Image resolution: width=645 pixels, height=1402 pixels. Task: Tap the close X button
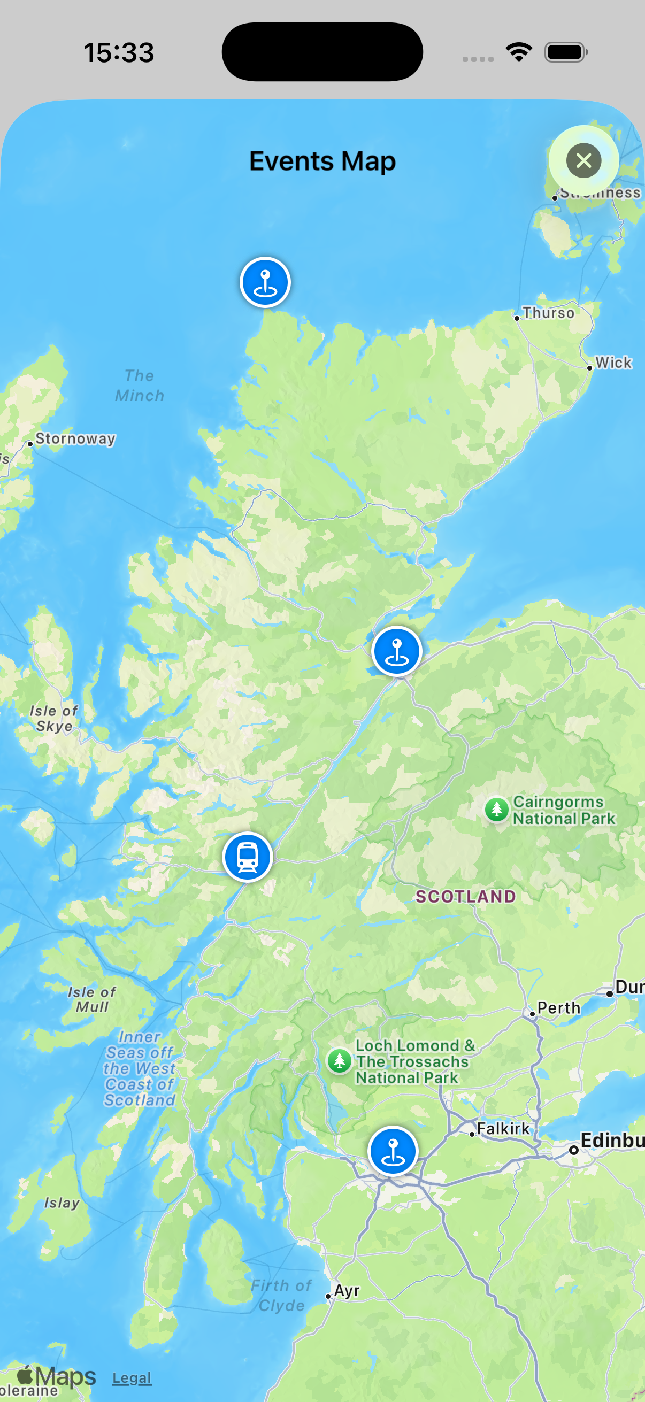(x=583, y=160)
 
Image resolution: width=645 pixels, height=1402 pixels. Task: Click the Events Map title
(x=322, y=161)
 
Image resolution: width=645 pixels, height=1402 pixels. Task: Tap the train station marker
(x=248, y=857)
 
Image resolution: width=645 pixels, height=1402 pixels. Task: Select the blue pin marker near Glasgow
(x=393, y=1151)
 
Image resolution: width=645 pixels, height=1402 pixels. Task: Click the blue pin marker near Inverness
(x=397, y=651)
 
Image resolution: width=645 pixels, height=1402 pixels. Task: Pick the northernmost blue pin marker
(x=265, y=282)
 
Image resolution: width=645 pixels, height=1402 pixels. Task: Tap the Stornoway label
(x=75, y=438)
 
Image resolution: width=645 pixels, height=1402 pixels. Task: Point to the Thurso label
(x=548, y=313)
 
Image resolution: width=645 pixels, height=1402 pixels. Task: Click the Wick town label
(x=613, y=363)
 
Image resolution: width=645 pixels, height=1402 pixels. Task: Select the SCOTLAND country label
(x=465, y=896)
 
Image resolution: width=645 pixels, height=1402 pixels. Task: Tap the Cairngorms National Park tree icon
(x=496, y=810)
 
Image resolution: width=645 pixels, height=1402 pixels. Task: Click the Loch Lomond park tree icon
(x=340, y=1061)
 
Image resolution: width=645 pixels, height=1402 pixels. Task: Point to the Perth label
(x=558, y=1008)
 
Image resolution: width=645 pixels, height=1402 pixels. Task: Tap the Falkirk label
(x=503, y=1129)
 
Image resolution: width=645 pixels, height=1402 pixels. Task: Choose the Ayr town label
(x=347, y=1290)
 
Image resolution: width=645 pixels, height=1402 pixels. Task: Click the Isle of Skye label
(x=54, y=719)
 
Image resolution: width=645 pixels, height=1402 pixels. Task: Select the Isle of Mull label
(x=92, y=999)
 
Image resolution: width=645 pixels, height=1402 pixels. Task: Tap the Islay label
(x=62, y=1203)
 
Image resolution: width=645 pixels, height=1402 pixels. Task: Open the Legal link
(x=132, y=1377)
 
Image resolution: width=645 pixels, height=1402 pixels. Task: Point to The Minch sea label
(x=140, y=386)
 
